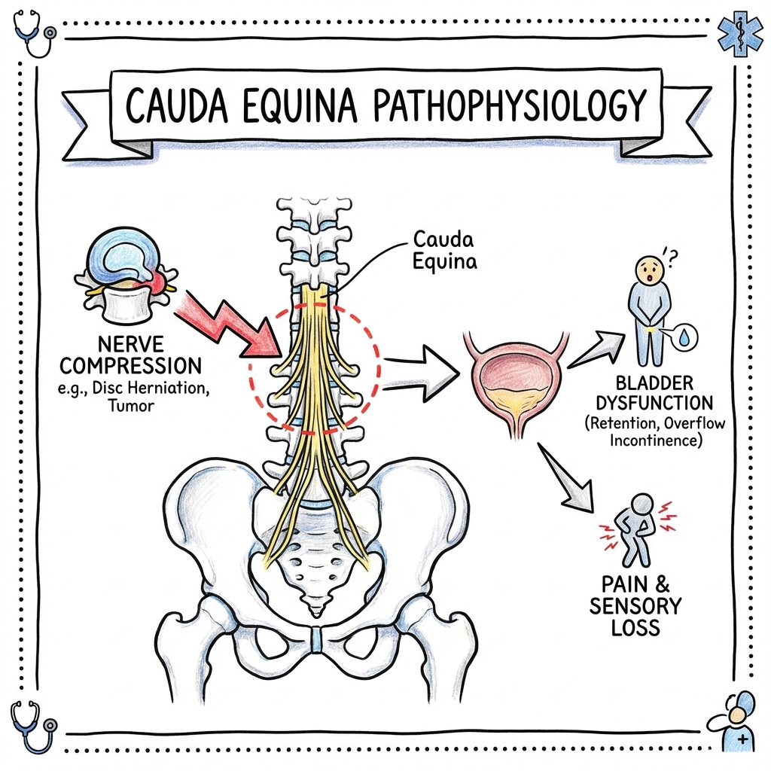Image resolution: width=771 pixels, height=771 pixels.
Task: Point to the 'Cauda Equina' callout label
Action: pyautogui.click(x=444, y=250)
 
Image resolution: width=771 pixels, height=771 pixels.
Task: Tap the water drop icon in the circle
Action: pyautogui.click(x=684, y=337)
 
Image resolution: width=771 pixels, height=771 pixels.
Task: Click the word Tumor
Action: pyautogui.click(x=131, y=406)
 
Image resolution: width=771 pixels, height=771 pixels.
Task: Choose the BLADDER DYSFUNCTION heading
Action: pyautogui.click(x=654, y=393)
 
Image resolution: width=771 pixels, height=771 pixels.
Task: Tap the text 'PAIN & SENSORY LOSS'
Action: pyautogui.click(x=635, y=606)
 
